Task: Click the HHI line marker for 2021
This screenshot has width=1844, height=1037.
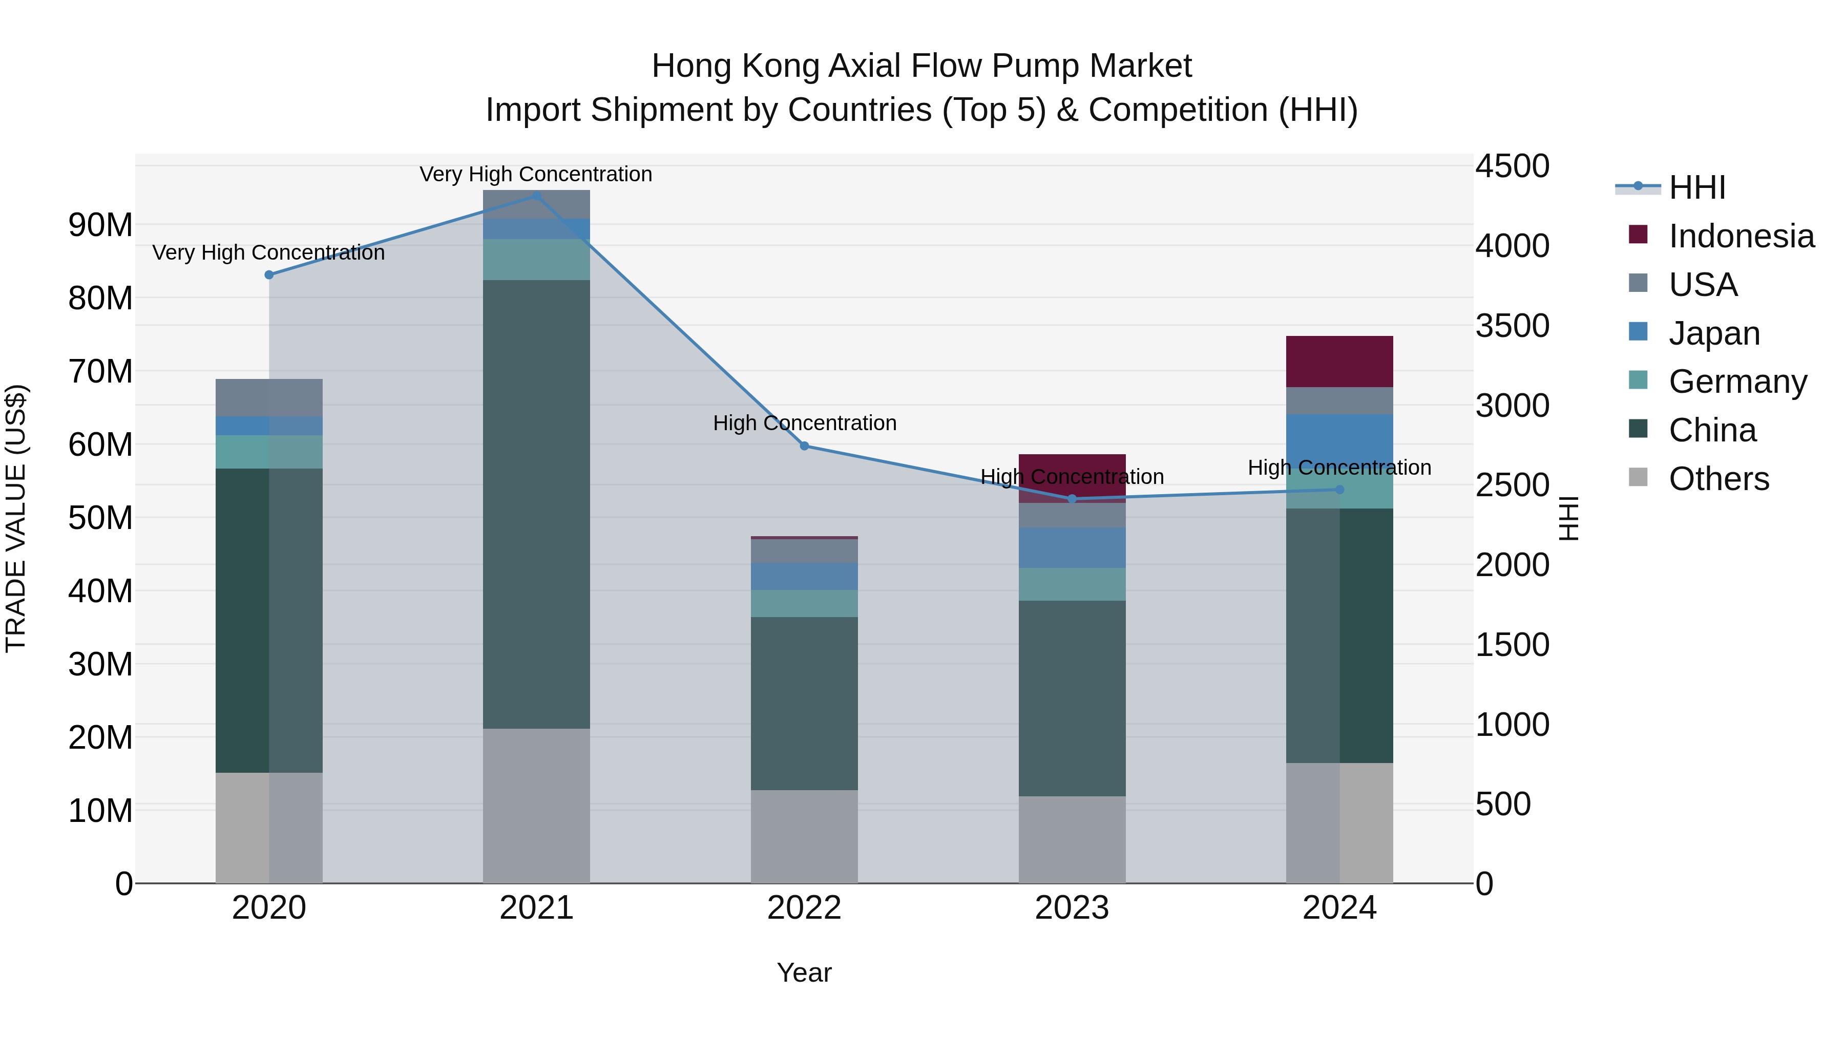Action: (536, 196)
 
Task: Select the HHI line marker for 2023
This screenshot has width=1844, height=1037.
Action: (1072, 499)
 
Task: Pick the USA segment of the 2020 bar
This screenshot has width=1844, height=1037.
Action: (268, 398)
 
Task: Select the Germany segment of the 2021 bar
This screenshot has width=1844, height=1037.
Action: (536, 259)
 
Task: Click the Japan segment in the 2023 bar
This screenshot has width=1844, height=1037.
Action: (1072, 548)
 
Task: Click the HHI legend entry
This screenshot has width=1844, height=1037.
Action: (1696, 187)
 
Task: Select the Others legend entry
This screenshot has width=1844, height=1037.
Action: (1718, 479)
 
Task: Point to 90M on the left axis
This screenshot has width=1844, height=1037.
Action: (100, 225)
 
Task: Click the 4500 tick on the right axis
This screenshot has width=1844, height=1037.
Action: (1512, 166)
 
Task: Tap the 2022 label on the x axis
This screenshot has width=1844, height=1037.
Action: (804, 908)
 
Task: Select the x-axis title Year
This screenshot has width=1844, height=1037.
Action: (804, 972)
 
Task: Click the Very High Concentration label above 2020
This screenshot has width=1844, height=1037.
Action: (268, 252)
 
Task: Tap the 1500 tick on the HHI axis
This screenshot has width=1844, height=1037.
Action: (1512, 645)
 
